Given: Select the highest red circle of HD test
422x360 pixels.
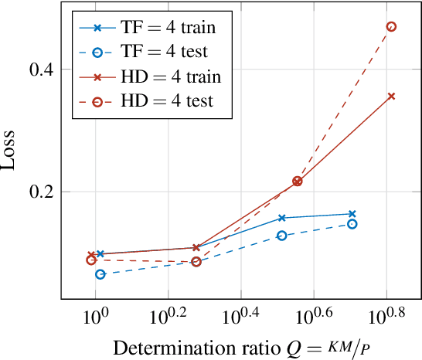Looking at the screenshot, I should (391, 26).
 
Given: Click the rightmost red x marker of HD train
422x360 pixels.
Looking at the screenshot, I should (391, 97).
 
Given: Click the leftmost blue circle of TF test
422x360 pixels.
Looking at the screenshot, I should (100, 274).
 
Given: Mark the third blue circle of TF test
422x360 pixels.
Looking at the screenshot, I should (282, 236).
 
